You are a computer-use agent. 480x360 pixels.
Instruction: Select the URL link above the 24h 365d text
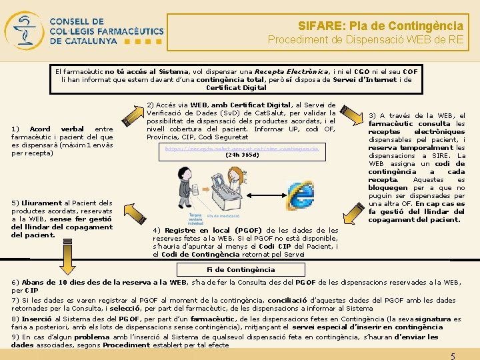click(x=241, y=148)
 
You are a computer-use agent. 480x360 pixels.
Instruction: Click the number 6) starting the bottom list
click(x=16, y=282)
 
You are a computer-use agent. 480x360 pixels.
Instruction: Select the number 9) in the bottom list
click(x=16, y=337)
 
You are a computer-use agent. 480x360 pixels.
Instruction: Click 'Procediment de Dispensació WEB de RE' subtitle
click(x=365, y=40)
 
